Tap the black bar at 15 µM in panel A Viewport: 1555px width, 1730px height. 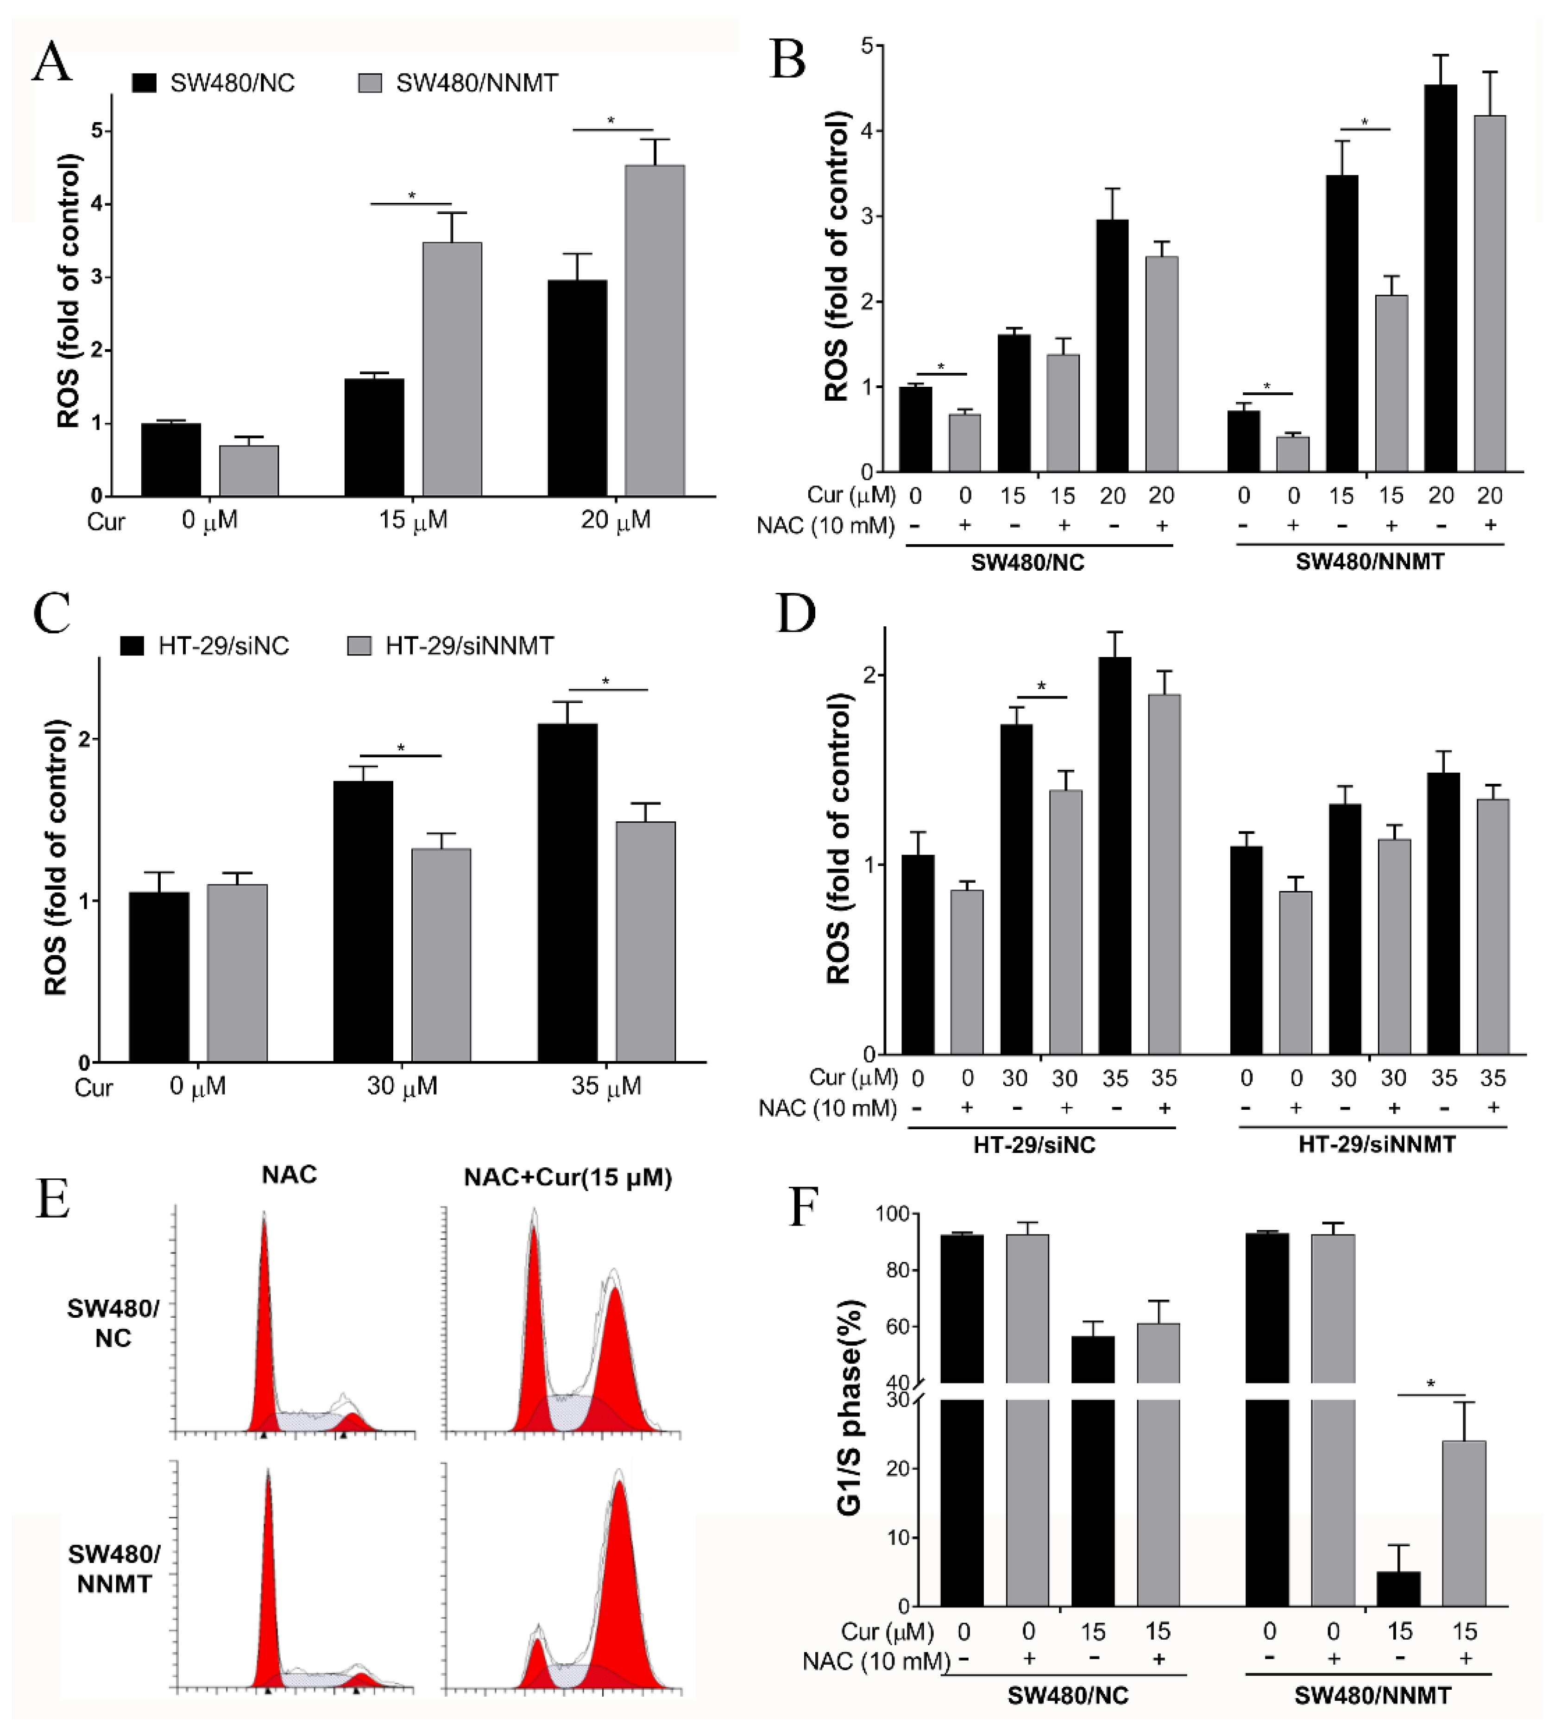(x=374, y=437)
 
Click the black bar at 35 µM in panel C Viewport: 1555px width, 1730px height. (x=567, y=892)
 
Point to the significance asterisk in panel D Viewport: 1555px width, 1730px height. (x=1041, y=686)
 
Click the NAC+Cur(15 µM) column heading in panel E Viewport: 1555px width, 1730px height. (x=567, y=1178)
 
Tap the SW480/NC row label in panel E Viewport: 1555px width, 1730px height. (x=113, y=1323)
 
